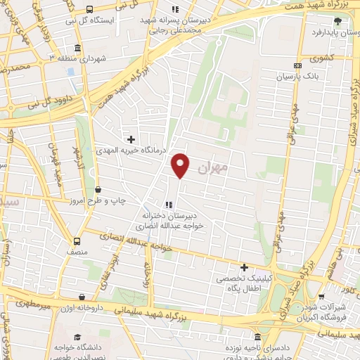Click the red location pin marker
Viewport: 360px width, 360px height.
[x=181, y=165]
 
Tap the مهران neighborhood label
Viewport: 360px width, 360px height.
[x=214, y=168]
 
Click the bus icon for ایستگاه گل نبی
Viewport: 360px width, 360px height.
[x=90, y=9]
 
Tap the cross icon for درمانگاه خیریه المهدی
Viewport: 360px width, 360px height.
[x=131, y=140]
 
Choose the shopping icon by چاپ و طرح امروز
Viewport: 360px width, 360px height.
[x=98, y=188]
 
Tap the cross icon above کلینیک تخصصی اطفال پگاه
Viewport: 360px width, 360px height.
[x=244, y=267]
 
